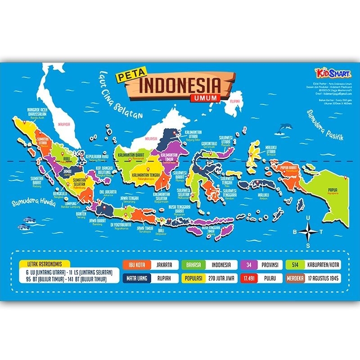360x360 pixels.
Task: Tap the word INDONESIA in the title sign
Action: [180, 85]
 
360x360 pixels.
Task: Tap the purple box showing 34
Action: [249, 265]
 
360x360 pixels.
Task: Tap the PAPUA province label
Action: [333, 189]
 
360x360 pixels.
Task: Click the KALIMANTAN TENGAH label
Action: [146, 173]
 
